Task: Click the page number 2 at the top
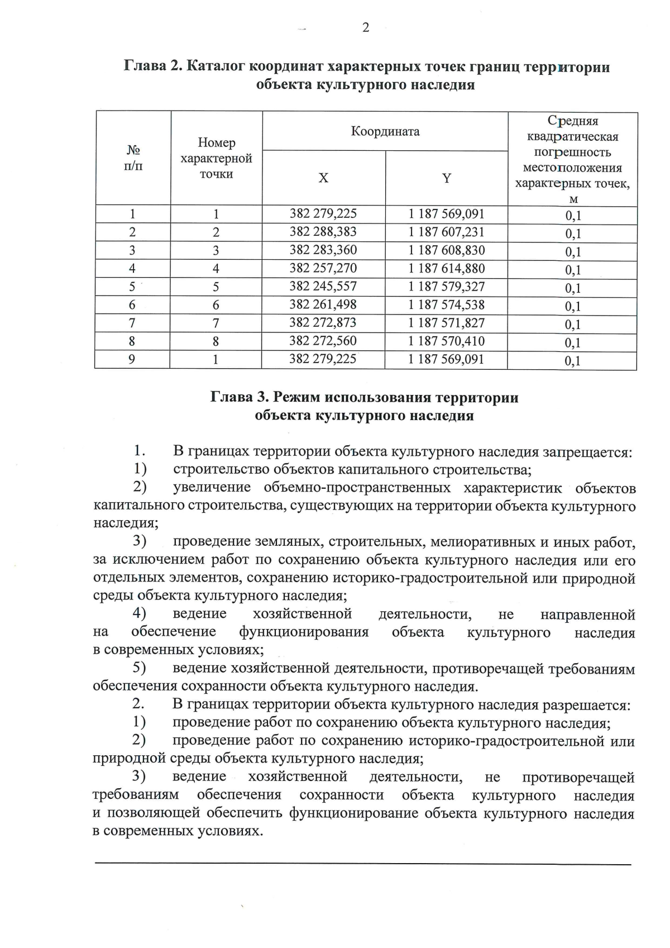coord(366,28)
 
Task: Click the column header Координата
coord(385,132)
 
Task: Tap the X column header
coord(323,178)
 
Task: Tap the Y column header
coord(447,178)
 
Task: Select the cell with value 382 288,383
coord(323,232)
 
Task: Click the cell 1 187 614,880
coord(446,269)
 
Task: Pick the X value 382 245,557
coord(323,287)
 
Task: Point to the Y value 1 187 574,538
coord(446,305)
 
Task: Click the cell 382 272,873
coord(323,323)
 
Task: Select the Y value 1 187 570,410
coord(446,341)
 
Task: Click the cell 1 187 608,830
coord(446,250)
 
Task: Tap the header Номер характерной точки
coord(216,158)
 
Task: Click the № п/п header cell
coord(133,158)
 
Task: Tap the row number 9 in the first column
coord(132,359)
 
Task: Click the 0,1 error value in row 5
coord(573,289)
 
